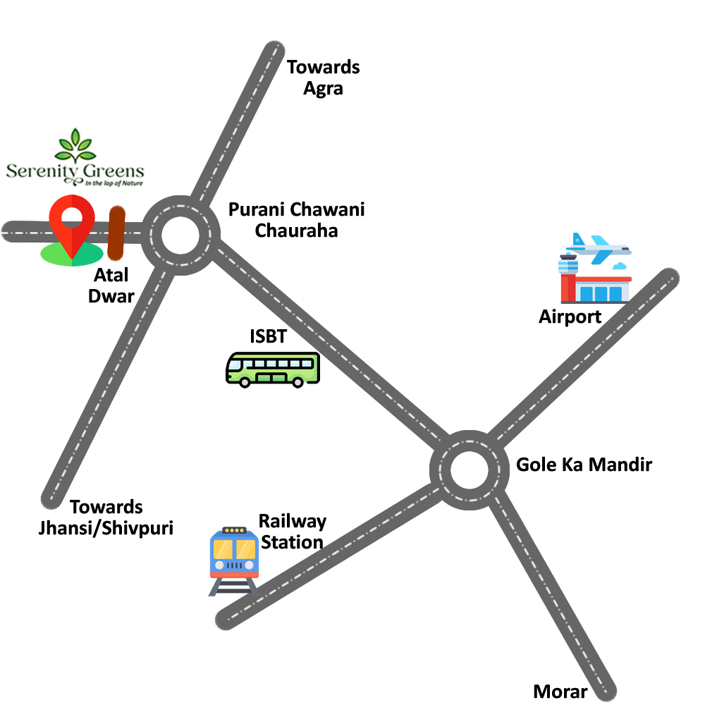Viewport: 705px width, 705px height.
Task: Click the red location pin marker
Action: [72, 222]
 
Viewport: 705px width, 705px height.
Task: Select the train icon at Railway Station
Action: [234, 557]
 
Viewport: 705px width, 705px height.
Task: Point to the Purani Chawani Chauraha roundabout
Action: [180, 235]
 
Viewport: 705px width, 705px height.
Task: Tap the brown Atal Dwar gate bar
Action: [116, 233]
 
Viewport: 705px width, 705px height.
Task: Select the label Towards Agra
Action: [324, 78]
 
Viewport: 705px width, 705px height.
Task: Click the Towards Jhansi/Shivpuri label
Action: [106, 517]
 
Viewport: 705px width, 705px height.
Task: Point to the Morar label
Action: [560, 692]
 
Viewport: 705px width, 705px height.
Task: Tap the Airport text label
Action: [570, 317]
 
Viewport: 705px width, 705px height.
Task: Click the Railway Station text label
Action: [292, 532]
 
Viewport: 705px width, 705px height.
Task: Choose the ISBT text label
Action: [269, 337]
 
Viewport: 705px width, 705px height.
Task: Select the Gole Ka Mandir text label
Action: [584, 465]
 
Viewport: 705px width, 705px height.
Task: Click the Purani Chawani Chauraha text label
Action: [297, 220]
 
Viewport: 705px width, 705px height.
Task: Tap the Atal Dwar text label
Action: [111, 286]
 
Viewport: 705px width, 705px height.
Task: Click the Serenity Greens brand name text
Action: [75, 171]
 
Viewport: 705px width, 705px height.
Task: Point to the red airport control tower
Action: [568, 278]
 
